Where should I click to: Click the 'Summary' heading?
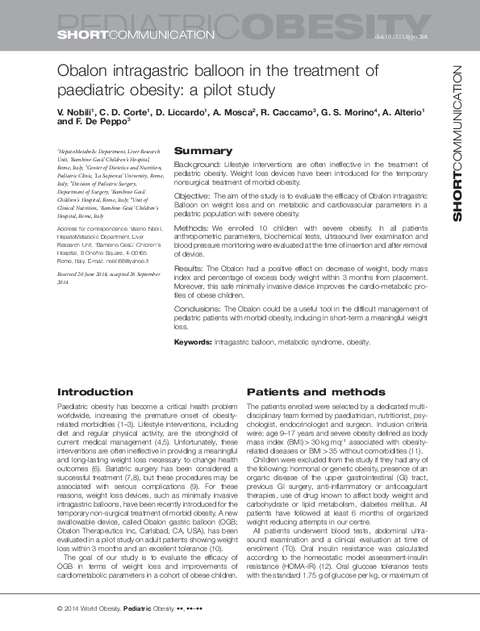[203, 151]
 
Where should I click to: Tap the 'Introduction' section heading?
[90, 391]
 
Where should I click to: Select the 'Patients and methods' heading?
[305, 391]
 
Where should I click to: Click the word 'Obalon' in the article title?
[85, 71]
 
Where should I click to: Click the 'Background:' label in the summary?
[198, 165]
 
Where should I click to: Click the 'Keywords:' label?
[194, 342]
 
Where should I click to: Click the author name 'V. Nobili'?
[77, 110]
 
